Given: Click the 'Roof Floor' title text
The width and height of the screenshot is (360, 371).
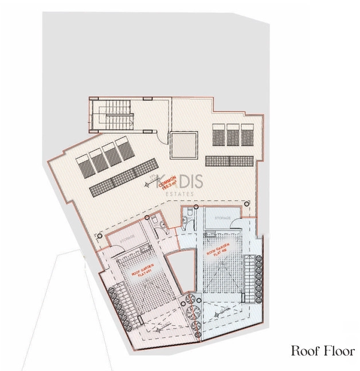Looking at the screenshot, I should tap(323, 351).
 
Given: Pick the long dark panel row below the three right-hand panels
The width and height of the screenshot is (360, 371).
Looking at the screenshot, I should tap(229, 160).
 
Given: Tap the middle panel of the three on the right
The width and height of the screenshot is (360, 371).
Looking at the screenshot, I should tap(233, 136).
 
